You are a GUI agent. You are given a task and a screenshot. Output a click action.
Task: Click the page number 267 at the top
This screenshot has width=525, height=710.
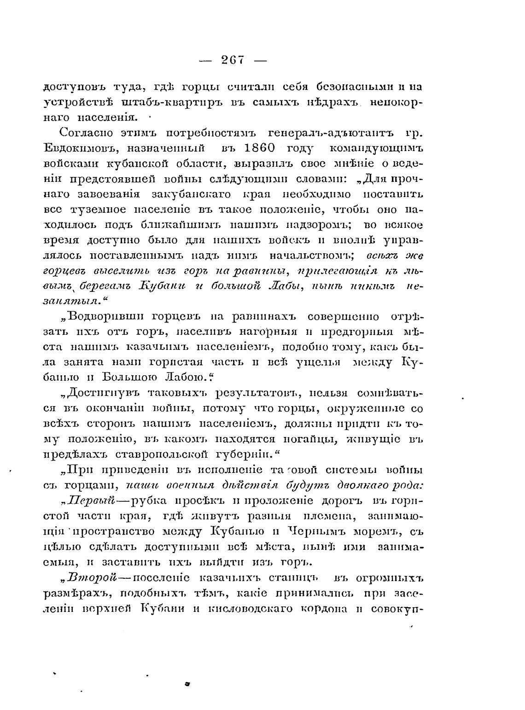[233, 60]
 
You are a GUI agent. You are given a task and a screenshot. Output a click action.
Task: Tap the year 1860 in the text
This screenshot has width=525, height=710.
[252, 149]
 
